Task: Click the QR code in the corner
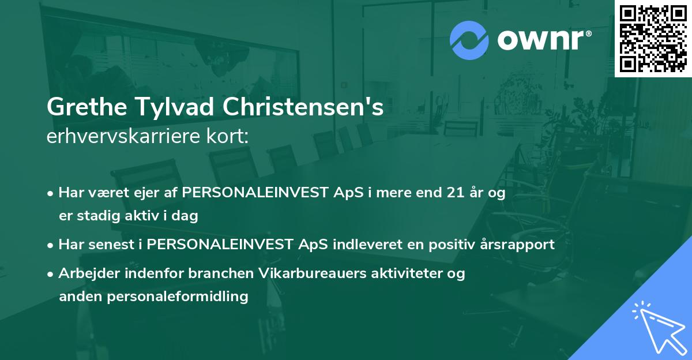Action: click(x=653, y=38)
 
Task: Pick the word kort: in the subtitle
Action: click(x=231, y=137)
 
